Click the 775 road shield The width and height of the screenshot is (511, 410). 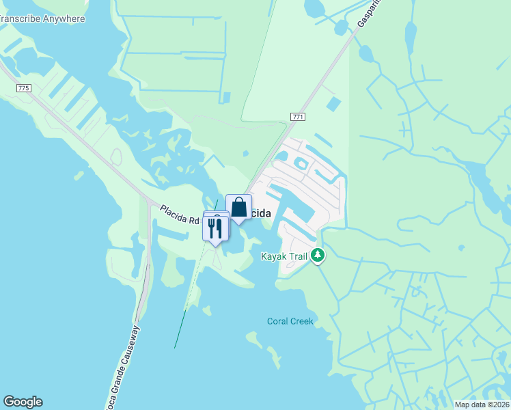point(24,88)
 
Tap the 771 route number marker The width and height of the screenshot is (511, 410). point(297,117)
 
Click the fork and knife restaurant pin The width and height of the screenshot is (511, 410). point(215,228)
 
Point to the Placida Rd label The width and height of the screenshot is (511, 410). point(179,215)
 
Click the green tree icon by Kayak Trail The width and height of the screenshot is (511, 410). point(318,256)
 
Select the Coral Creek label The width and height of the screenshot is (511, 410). point(290,320)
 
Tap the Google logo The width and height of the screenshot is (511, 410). point(23,402)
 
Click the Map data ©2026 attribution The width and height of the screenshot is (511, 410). point(482,405)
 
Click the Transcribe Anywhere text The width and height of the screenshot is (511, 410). point(42,18)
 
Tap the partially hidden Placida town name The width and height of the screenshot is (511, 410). point(261,214)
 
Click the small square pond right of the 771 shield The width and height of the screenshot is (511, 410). point(333,105)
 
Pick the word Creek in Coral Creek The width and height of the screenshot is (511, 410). point(301,320)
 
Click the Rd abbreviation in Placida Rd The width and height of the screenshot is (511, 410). point(193,220)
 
